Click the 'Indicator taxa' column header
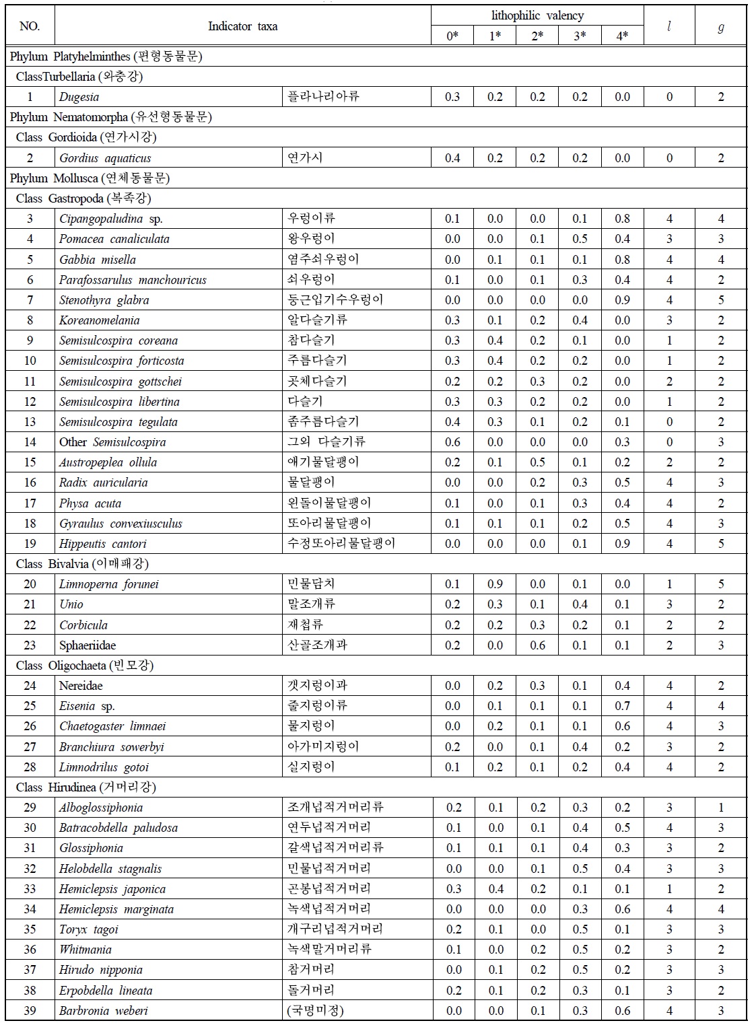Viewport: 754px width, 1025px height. tap(242, 26)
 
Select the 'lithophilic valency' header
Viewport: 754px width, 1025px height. tap(537, 15)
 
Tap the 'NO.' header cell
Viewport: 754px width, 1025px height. tap(30, 26)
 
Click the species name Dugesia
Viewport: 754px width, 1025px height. tap(79, 97)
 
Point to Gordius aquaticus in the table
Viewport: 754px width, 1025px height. tap(105, 158)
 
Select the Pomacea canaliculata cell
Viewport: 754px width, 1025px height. tap(114, 239)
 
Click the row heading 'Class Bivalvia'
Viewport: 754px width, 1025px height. tap(82, 564)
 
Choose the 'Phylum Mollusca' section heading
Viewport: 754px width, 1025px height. tap(90, 178)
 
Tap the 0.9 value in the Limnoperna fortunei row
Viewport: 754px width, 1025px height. tap(495, 584)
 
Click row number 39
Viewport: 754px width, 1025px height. tap(30, 1011)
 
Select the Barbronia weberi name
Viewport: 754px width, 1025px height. tap(103, 1011)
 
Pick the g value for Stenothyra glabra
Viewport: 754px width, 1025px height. tap(720, 300)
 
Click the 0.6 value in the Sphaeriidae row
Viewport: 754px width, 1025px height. tap(537, 645)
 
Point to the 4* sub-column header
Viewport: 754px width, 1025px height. tap(622, 36)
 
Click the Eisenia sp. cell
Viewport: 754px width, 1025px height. tap(87, 706)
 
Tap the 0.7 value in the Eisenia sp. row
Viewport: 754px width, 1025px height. tap(622, 706)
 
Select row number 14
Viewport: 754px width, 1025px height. tap(30, 442)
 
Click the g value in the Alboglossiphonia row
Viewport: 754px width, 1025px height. tap(720, 808)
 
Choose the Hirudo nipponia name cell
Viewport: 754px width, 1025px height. tap(101, 970)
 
